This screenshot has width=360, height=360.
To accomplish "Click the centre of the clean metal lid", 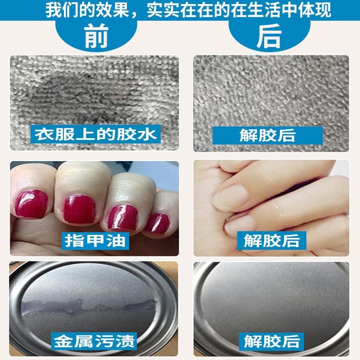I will pos(270,301).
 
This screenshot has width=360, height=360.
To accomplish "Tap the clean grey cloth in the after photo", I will pos(270,90).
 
